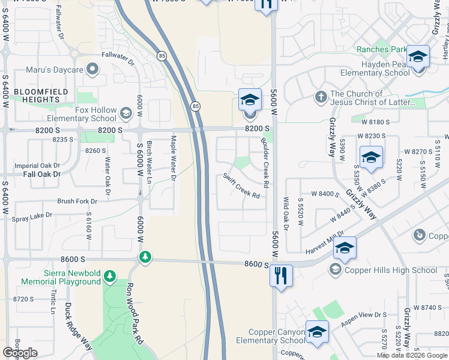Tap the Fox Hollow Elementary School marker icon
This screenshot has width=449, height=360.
click(x=126, y=112)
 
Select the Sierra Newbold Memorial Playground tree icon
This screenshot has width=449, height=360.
click(x=110, y=276)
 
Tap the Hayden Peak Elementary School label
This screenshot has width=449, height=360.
click(x=376, y=68)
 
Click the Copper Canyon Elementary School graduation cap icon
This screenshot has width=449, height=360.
click(x=317, y=332)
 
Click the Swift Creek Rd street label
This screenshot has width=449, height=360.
click(x=241, y=186)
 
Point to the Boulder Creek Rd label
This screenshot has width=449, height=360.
click(x=264, y=161)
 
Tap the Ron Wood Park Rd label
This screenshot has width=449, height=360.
click(x=135, y=313)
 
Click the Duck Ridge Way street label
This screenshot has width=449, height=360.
click(x=79, y=328)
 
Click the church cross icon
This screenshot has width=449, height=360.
click(x=321, y=95)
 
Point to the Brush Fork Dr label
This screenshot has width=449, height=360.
click(x=77, y=202)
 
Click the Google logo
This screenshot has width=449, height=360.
click(x=20, y=353)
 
